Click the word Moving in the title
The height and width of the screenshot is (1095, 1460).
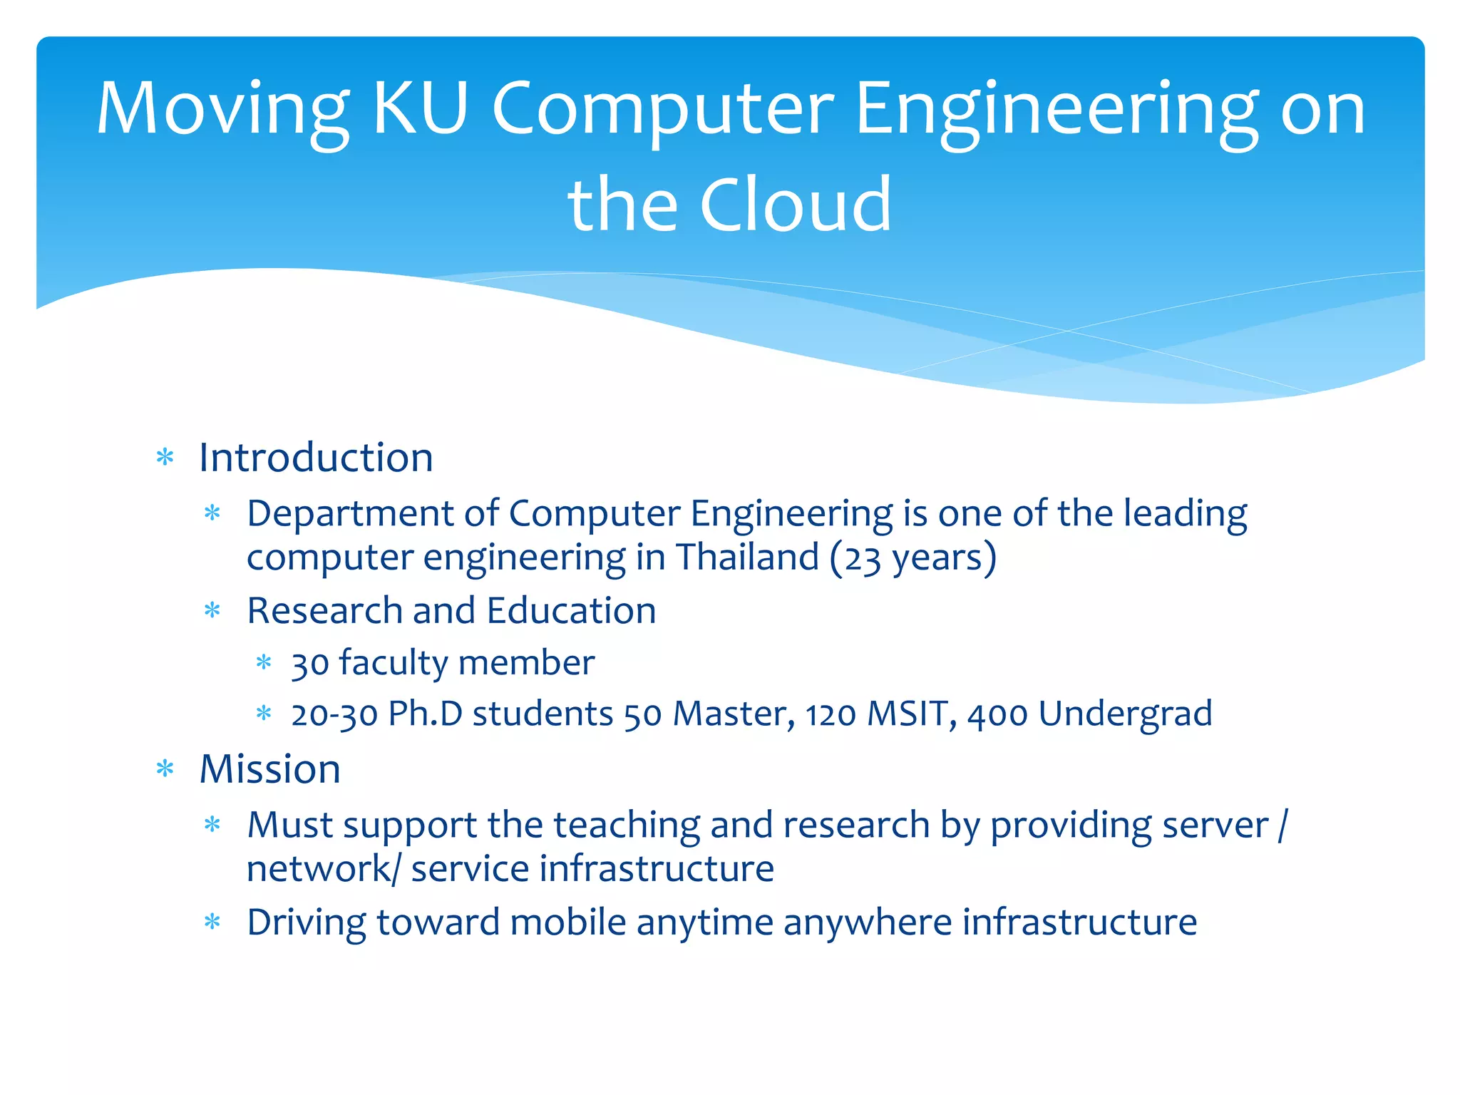(222, 109)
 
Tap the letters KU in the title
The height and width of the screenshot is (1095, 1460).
(421, 108)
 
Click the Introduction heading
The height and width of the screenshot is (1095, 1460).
(316, 457)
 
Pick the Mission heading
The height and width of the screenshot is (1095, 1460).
(269, 768)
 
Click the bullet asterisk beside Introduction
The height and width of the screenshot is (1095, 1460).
(165, 457)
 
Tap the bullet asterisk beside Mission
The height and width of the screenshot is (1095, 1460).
(165, 769)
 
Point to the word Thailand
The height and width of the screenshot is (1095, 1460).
(747, 557)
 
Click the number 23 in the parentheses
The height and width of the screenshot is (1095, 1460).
(863, 558)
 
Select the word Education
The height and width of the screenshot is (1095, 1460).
(571, 610)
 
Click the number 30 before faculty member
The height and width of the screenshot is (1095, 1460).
(310, 664)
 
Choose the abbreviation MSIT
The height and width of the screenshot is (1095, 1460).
(907, 714)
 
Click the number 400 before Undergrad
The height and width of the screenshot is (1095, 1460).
(997, 714)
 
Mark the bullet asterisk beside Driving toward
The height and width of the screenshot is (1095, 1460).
(212, 922)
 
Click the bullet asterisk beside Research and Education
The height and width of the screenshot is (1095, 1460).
(212, 611)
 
